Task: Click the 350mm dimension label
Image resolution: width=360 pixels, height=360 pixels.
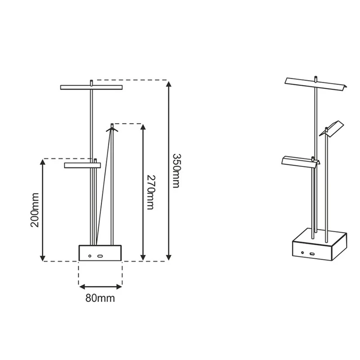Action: tap(177, 171)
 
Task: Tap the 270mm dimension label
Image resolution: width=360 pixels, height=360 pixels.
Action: tap(151, 193)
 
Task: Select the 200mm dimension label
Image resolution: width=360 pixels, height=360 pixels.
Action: tap(35, 210)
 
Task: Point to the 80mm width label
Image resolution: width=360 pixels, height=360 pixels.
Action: tap(100, 298)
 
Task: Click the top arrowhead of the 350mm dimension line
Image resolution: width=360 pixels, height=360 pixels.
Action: tap(169, 84)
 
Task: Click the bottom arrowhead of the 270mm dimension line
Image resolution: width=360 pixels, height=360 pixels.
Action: tap(143, 257)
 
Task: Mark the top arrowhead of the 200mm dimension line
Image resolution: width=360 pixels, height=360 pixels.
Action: tap(42, 162)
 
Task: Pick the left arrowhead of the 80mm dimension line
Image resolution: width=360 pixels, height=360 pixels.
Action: tap(82, 287)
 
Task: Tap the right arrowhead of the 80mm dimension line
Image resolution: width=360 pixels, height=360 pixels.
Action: tap(119, 287)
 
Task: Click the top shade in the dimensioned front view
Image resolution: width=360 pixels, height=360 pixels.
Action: tap(91, 87)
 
